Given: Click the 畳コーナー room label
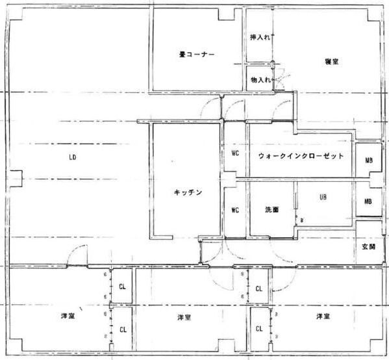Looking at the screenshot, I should (x=197, y=54).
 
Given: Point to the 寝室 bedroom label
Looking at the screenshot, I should (x=333, y=62).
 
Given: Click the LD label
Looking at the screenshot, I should (x=73, y=157).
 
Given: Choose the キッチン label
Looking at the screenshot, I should (x=189, y=192).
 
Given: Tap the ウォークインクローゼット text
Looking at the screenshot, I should (x=301, y=157).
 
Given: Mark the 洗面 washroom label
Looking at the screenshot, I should (x=271, y=210).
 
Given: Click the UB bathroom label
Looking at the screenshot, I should (x=323, y=197).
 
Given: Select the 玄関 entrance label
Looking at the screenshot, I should (x=370, y=247).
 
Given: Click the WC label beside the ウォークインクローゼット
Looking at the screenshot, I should (x=236, y=154).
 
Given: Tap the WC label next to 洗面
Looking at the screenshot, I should (x=236, y=210).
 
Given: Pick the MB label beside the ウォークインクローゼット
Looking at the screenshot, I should (x=368, y=160).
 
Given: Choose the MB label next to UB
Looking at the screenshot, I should (x=368, y=202).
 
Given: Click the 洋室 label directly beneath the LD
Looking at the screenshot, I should (x=67, y=316).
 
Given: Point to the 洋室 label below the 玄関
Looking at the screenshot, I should (x=321, y=316).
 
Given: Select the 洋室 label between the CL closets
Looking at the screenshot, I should (x=183, y=317).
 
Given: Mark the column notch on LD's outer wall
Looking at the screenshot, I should (x=16, y=177).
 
